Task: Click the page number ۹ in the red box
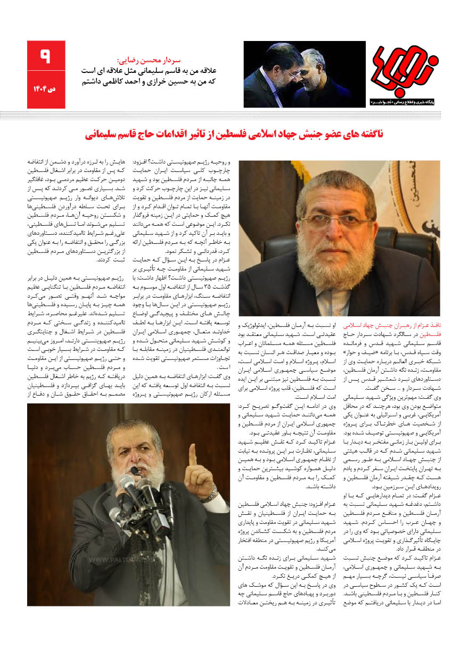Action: (46, 55)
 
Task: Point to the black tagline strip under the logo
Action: (404, 100)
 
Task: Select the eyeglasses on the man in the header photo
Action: (291, 72)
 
